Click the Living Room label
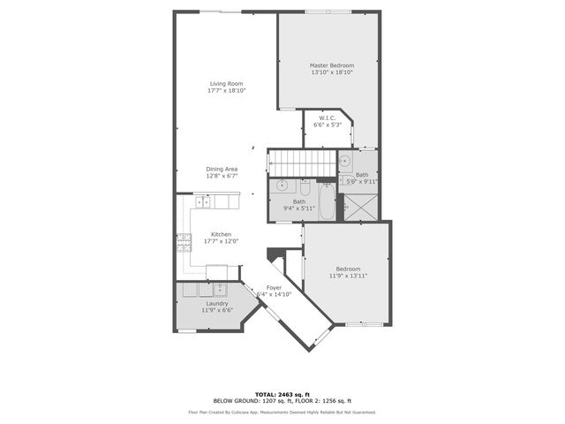pos(226,84)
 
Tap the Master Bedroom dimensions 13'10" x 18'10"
pos(332,72)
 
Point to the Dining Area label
pos(222,169)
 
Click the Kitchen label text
pos(221,234)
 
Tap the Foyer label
pos(275,287)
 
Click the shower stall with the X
pos(359,208)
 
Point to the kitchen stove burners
pos(185,241)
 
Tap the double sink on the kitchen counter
pos(202,202)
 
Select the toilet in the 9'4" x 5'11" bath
pos(304,188)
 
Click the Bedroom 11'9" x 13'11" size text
pos(348,276)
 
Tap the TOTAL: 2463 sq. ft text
pos(282,394)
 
